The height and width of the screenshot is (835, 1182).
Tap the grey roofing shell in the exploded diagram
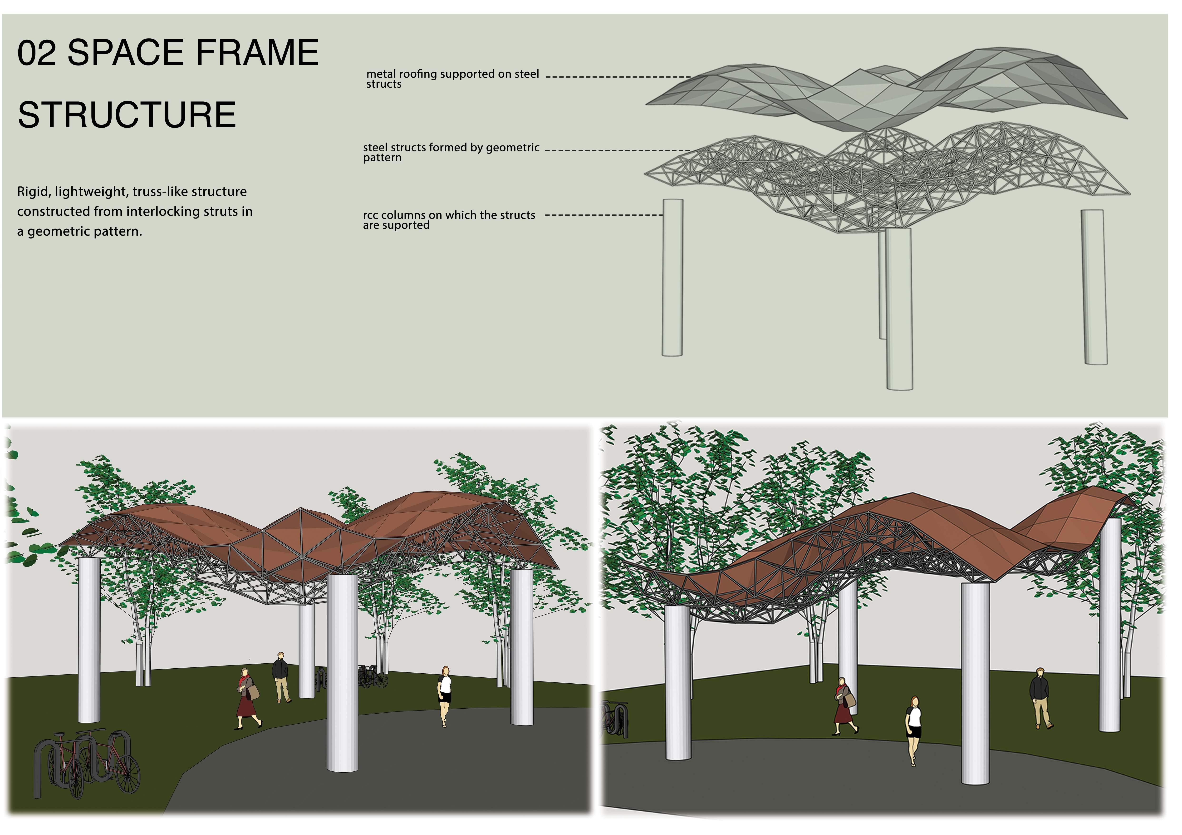(x=875, y=93)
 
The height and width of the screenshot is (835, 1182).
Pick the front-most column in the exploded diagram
(x=899, y=309)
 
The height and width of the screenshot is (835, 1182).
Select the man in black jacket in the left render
(x=280, y=676)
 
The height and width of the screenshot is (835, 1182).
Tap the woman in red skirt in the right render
(x=843, y=706)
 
